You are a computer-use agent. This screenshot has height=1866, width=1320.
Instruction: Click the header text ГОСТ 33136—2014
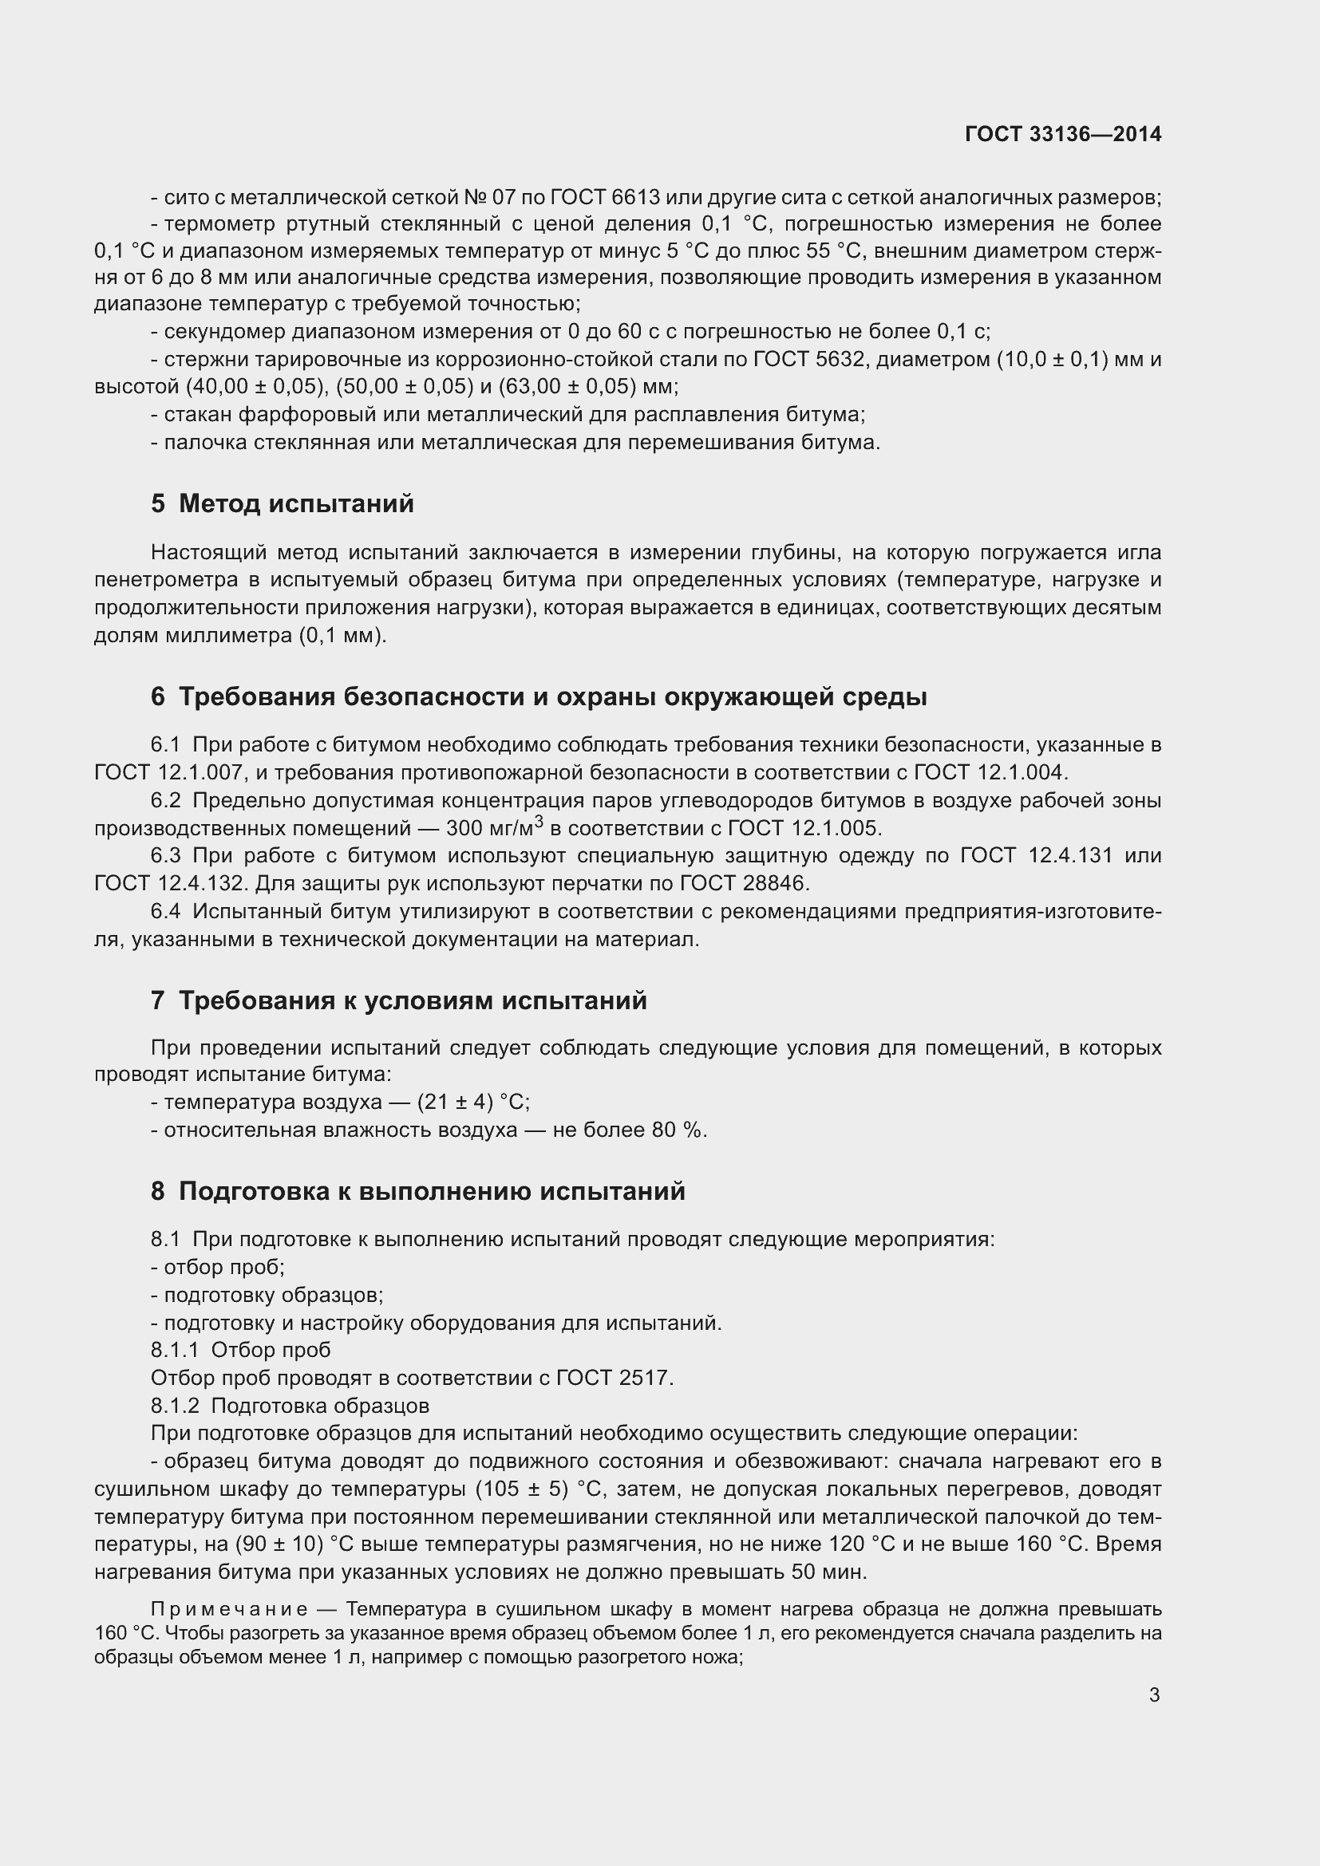(x=1062, y=134)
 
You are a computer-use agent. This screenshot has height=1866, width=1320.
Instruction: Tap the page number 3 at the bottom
(x=1154, y=1694)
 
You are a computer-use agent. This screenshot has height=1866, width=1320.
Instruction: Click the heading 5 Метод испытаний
(x=282, y=504)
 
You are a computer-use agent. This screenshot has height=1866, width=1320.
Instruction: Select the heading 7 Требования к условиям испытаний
(x=398, y=1000)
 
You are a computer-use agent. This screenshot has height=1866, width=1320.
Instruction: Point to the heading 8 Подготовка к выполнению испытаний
(x=417, y=1191)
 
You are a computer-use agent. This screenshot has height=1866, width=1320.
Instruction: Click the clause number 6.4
(x=165, y=911)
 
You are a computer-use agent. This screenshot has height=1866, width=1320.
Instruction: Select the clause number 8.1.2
(x=175, y=1405)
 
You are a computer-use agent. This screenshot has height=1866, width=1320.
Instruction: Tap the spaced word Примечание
(x=229, y=1609)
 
